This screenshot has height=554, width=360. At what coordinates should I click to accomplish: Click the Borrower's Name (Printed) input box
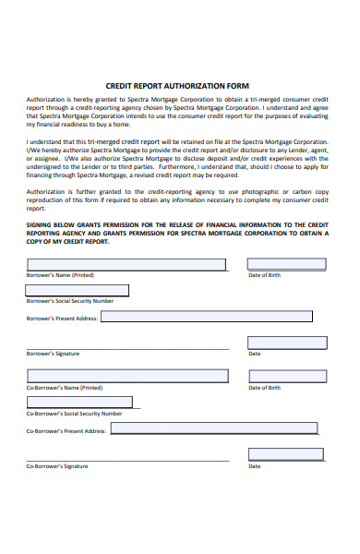pos(126,265)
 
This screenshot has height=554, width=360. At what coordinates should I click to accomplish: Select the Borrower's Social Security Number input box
pos(78,290)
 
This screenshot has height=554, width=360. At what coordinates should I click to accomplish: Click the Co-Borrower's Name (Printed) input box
pos(126,376)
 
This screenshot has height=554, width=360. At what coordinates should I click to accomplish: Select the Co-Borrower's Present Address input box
pos(215,428)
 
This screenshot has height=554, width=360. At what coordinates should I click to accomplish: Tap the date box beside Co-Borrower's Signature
pos(287,454)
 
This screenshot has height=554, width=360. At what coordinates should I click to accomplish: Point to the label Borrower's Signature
pos(53,354)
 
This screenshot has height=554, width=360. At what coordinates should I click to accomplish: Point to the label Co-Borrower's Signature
pos(57,466)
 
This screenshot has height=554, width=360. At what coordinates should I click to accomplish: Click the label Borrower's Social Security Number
pos(70,301)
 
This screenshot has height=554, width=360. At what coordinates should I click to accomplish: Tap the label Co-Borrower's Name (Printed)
pos(65,388)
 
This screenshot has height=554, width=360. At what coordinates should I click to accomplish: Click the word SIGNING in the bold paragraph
pos(42,224)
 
